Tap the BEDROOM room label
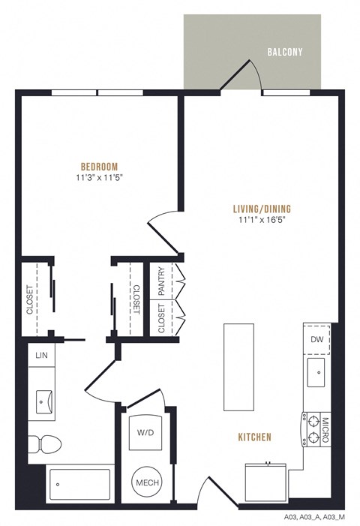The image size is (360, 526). tap(100, 167)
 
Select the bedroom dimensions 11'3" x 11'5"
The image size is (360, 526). tap(100, 179)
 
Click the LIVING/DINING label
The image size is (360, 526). tap(262, 209)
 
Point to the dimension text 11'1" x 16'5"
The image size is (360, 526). tap(262, 221)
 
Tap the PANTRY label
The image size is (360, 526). tap(159, 281)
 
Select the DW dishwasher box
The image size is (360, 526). tap(316, 339)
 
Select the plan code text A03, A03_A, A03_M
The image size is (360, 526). tap(315, 518)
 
